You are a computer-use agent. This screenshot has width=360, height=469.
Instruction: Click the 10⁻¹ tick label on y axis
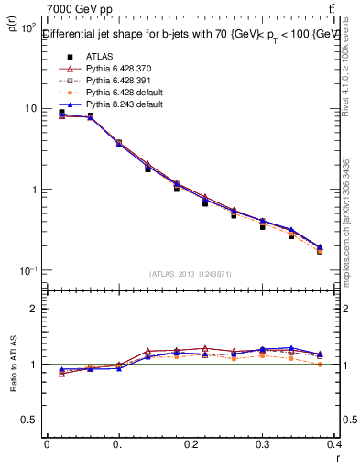(x=27, y=271)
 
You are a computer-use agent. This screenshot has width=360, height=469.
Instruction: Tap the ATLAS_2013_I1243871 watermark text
(x=191, y=274)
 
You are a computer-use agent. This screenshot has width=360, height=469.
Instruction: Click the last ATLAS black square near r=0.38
(x=320, y=251)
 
